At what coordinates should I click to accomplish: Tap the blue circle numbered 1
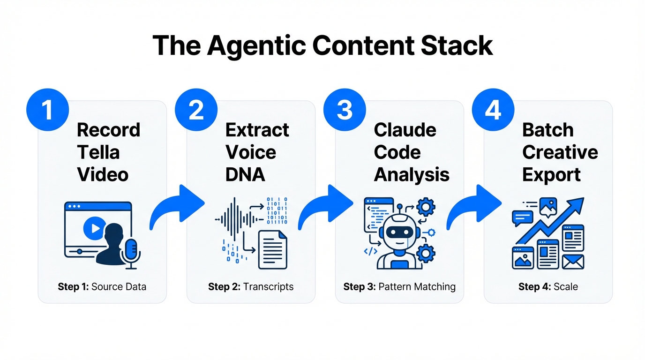click(47, 109)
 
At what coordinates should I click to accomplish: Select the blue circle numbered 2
click(196, 109)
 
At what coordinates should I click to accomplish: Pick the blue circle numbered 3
click(345, 109)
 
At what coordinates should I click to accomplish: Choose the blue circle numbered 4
click(493, 109)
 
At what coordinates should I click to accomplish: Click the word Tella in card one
click(98, 152)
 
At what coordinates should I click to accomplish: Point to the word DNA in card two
click(245, 175)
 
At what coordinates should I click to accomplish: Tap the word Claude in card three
click(405, 130)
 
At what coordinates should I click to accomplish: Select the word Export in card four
click(551, 175)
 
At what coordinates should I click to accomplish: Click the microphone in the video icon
click(131, 250)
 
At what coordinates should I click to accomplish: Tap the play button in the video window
click(94, 228)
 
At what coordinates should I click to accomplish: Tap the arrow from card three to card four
click(473, 207)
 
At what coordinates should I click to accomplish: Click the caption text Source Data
click(119, 286)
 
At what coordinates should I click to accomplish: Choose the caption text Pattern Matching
click(417, 286)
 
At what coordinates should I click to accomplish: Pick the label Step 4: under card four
click(534, 286)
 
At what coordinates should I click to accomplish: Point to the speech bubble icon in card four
click(523, 217)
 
